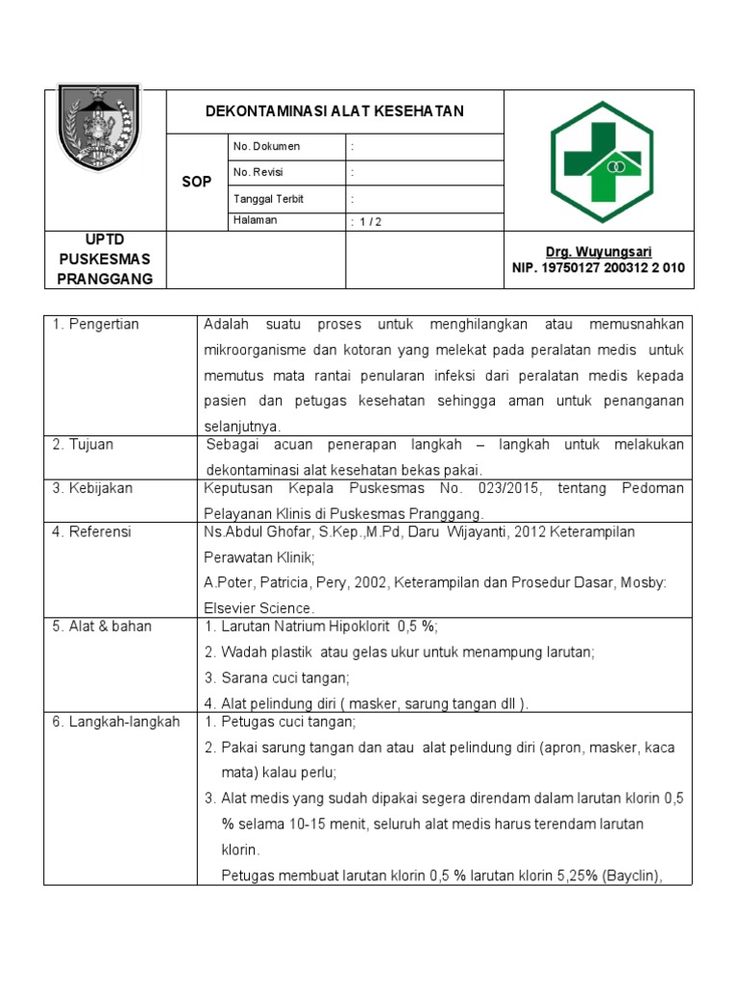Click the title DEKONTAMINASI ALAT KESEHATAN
click(x=334, y=111)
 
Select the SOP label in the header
click(x=196, y=182)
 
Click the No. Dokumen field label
click(x=266, y=146)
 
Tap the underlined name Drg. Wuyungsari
click(x=600, y=252)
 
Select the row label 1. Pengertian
click(x=96, y=325)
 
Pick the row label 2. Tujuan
click(x=84, y=445)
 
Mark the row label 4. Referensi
click(x=91, y=531)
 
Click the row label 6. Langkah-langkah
click(x=115, y=722)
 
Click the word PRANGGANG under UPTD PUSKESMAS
click(x=105, y=279)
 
